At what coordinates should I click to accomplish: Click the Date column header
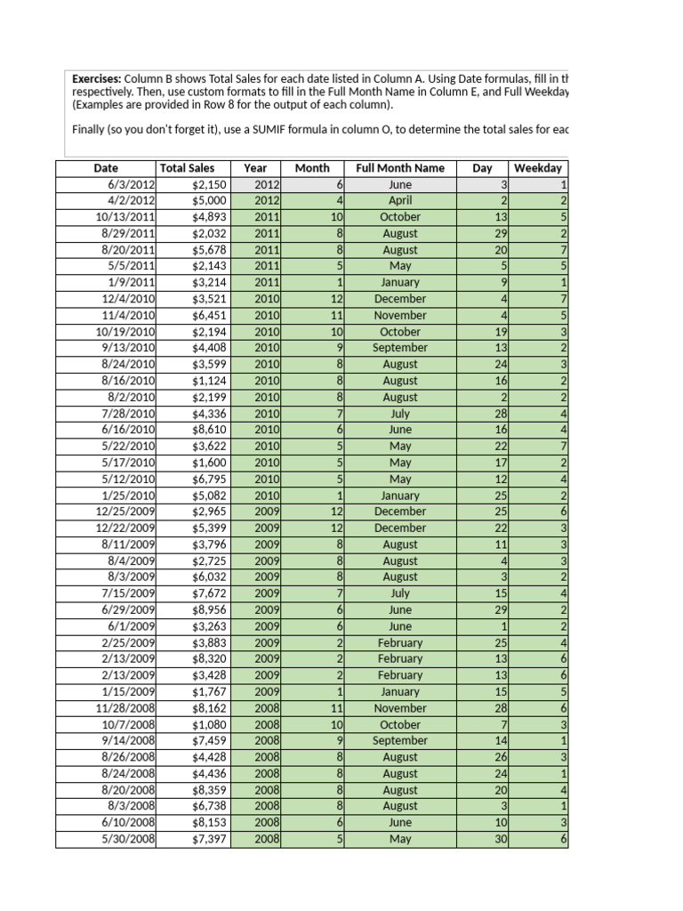106,168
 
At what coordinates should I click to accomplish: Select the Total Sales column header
187,168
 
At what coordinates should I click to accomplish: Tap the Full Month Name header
400,168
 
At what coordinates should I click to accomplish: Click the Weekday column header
539,168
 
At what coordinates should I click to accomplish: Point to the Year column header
255,168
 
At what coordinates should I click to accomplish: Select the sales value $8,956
210,610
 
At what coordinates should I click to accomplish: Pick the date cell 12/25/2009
125,512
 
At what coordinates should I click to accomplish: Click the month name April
400,201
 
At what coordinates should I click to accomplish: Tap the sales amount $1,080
210,724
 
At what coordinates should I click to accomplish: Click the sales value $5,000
210,201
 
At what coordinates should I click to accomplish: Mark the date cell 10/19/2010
125,332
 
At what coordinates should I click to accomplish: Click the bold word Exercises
96,78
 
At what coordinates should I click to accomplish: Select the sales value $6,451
210,315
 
